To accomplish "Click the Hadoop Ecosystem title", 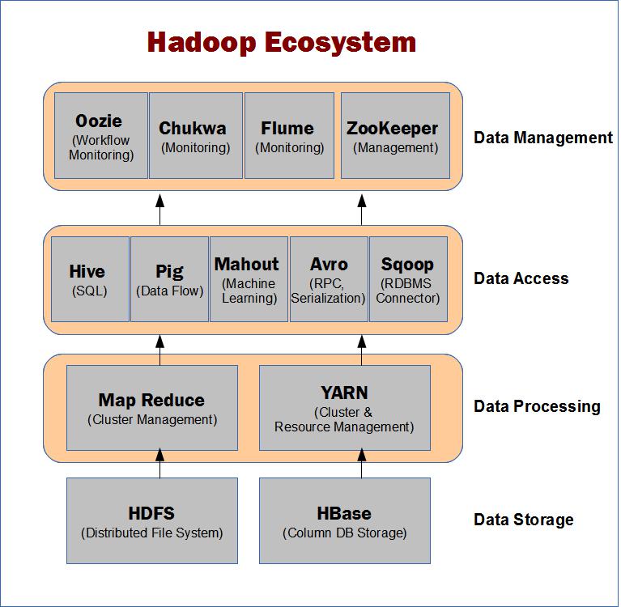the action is click(282, 43).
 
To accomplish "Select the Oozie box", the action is click(101, 136).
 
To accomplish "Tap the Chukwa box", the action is click(196, 136).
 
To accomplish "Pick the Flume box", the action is click(290, 136).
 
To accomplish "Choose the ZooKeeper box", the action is click(395, 136).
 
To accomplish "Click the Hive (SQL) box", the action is click(90, 279).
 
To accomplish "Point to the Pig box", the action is click(169, 279).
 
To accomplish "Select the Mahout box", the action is click(249, 279).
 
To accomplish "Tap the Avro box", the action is click(329, 279).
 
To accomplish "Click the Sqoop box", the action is click(408, 279).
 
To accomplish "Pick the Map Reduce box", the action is click(152, 408).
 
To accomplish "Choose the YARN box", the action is click(345, 408).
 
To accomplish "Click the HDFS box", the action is click(152, 520).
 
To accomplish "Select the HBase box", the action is click(345, 520).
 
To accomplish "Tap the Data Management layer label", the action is click(543, 138).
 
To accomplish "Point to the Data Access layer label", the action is click(521, 278).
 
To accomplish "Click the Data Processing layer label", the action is click(537, 406).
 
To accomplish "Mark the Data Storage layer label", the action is click(523, 520).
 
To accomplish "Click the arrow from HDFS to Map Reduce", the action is click(160, 463).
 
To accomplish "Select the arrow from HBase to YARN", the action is click(362, 463).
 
